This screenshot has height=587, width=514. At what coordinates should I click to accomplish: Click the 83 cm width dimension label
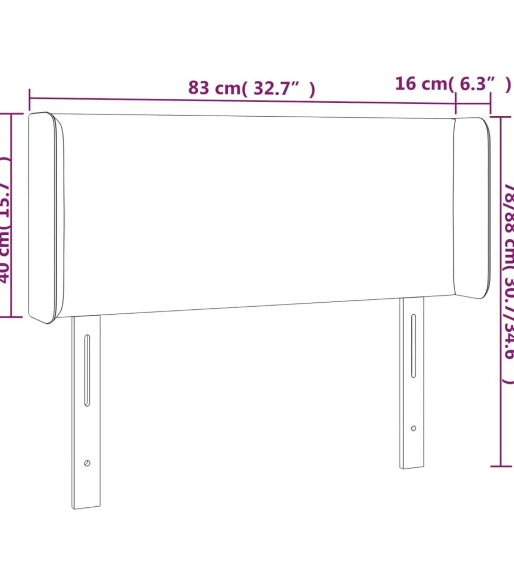tap(251, 88)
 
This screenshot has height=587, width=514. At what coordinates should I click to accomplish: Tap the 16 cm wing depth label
tap(452, 84)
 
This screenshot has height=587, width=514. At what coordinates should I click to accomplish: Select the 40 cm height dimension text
tap(5, 220)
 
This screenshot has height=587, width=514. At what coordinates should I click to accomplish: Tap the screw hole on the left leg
tap(87, 463)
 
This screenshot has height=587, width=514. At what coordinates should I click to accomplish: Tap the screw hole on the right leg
tap(413, 428)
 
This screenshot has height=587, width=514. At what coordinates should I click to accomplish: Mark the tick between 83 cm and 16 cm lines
tap(456, 103)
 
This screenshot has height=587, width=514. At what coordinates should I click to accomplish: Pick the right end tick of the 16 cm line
tap(490, 104)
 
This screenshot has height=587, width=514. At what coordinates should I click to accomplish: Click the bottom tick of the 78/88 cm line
tap(501, 467)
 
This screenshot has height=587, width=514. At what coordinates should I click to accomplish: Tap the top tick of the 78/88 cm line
tap(501, 117)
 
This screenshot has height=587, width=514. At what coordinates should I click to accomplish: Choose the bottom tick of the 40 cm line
tap(11, 317)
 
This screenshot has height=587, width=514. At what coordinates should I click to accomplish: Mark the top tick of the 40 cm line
tap(11, 114)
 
